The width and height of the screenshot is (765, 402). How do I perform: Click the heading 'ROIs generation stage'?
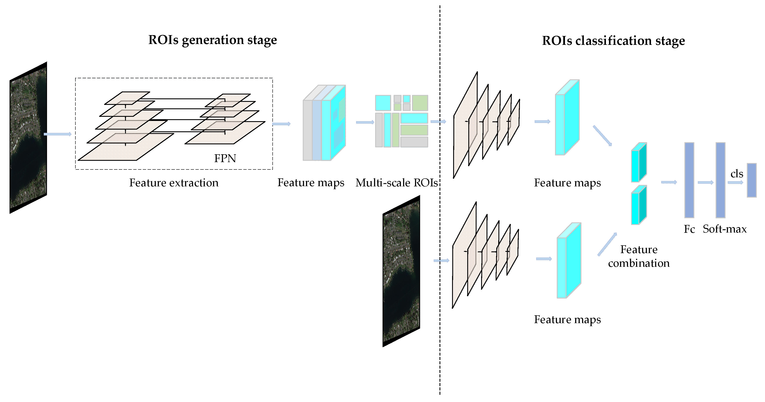click(212, 40)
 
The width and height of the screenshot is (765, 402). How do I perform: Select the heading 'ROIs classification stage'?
click(613, 41)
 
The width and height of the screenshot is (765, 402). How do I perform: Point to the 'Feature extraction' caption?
click(174, 183)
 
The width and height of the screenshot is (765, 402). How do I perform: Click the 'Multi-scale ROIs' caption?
click(396, 183)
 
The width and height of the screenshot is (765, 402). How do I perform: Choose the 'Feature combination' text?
click(639, 256)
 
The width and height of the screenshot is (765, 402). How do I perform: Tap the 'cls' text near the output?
click(737, 174)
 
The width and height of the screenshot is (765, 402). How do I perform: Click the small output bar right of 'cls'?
click(752, 180)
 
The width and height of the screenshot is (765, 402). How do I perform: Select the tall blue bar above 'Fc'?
click(689, 180)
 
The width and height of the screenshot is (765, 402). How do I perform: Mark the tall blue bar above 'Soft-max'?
click(720, 180)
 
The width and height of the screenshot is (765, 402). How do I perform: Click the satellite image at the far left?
click(28, 137)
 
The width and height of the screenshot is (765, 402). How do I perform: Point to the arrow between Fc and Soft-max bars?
click(705, 182)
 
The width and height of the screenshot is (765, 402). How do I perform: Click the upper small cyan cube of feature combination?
click(639, 162)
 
